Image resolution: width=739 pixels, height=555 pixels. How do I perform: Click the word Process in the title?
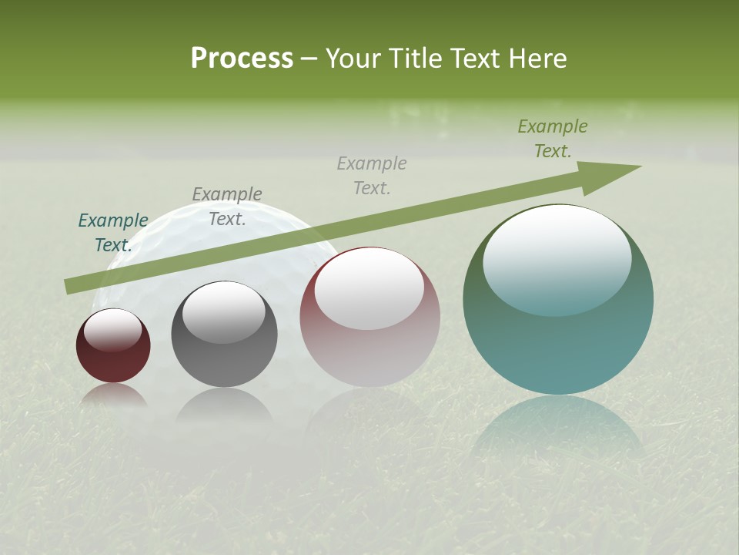(242, 59)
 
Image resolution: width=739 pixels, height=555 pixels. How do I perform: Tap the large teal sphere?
(558, 339)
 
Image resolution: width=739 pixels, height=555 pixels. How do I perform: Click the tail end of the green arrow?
(69, 286)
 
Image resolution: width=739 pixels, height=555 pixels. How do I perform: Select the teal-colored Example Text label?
(113, 232)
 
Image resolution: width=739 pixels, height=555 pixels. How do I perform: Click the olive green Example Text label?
(553, 139)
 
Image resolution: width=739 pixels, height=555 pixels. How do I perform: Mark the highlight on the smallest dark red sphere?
(113, 330)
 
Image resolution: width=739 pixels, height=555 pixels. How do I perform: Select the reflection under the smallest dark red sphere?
(113, 396)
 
